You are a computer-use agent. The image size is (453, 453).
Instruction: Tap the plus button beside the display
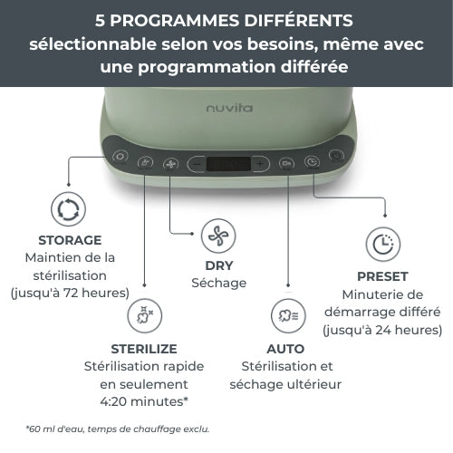click(260, 164)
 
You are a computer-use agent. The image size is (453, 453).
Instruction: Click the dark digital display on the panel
click(228, 164)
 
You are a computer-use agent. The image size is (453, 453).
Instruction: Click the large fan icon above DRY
click(218, 236)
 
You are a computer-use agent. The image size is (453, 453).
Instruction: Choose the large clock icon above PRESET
click(381, 245)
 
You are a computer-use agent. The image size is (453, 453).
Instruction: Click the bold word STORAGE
click(70, 241)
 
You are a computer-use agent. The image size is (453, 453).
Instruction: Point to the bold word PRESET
click(381, 276)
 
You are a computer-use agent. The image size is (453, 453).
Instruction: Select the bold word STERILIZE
click(143, 349)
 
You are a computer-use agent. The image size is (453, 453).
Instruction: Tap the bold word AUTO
click(286, 349)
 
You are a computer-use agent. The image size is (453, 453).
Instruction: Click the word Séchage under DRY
click(218, 284)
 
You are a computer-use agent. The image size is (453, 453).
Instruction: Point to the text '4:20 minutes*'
click(143, 402)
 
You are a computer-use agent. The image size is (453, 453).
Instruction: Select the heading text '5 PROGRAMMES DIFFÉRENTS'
click(226, 20)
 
